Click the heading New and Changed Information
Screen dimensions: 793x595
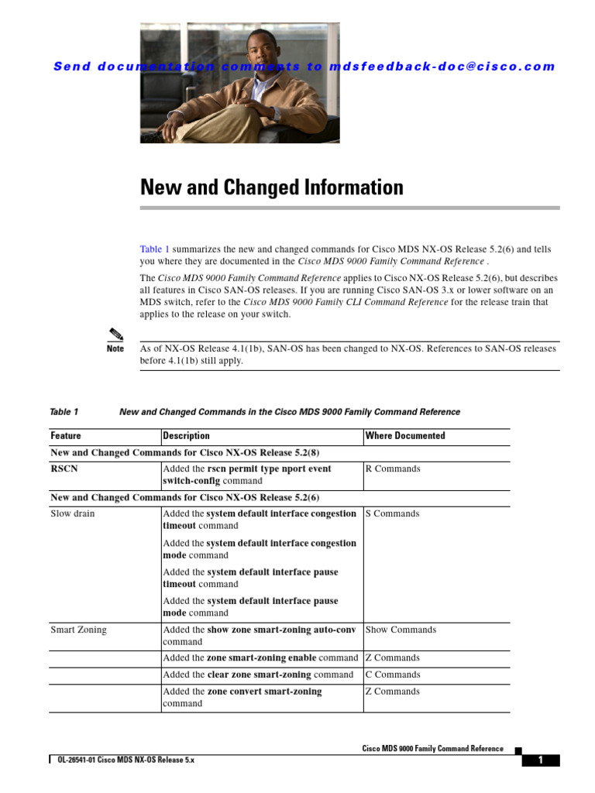point(271,187)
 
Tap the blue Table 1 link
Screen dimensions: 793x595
point(154,249)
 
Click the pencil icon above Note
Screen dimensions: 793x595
point(115,335)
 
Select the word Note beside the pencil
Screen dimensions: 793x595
point(115,349)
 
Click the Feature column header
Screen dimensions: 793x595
point(66,436)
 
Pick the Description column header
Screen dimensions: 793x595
point(186,436)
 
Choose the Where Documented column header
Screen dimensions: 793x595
point(405,436)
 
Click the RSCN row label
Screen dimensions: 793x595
point(64,469)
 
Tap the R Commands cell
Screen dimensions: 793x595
point(393,469)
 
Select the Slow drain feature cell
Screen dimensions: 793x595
point(73,514)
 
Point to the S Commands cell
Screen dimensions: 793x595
point(392,514)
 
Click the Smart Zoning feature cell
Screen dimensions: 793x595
point(78,630)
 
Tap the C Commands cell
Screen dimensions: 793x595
point(393,675)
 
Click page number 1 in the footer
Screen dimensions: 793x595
point(540,760)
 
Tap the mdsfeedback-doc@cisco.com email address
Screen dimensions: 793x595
point(442,67)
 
